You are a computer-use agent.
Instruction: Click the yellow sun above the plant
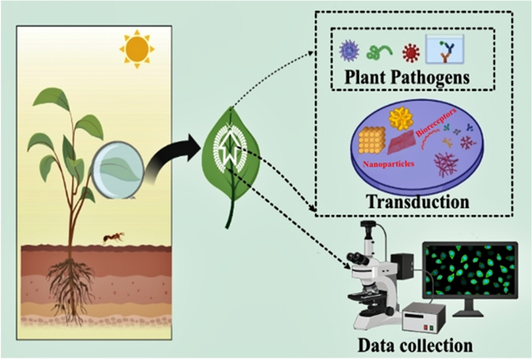coord(135,49)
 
